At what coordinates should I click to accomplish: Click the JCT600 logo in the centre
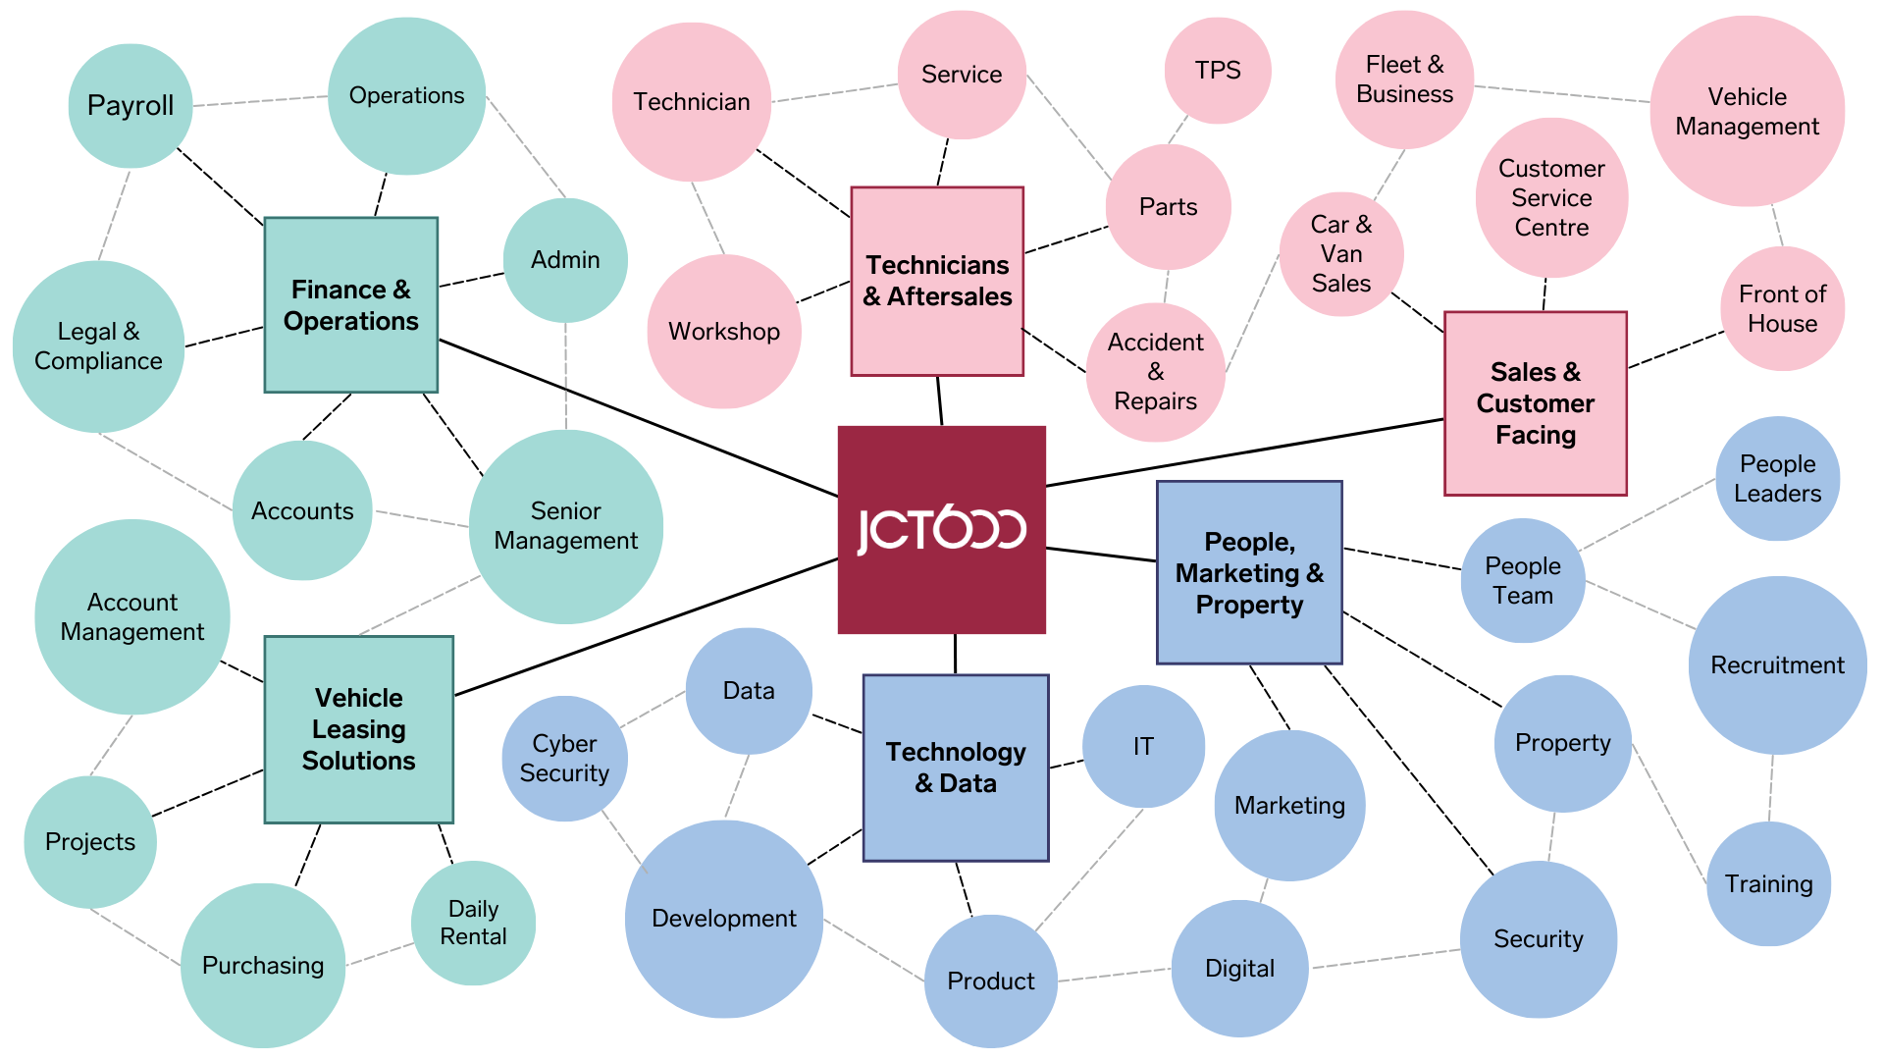pos(942,530)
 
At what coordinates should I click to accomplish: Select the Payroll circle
pos(131,106)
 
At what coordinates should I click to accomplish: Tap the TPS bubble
pos(1218,71)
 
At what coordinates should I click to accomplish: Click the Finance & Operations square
pos(351,305)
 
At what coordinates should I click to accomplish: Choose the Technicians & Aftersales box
pos(937,282)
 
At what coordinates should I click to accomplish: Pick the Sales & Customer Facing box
pos(1536,403)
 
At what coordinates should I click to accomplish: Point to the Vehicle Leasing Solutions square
pos(359,729)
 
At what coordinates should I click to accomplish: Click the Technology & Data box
pos(956,768)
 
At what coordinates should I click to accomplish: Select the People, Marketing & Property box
pos(1250,572)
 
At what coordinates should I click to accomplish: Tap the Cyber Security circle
pos(564,759)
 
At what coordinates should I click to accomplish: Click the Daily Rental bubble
pos(474,924)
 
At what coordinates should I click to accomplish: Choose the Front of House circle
pos(1782,308)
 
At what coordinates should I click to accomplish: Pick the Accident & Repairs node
pos(1156,372)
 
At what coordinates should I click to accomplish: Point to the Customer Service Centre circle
pos(1551,198)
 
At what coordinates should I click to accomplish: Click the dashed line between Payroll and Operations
pos(260,100)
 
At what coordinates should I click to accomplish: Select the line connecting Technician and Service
pos(834,93)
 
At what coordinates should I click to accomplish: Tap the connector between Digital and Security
pos(1385,959)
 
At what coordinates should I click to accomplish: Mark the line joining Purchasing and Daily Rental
pos(380,954)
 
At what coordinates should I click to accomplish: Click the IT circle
pos(1143,747)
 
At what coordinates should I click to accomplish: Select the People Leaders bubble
pos(1777,479)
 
